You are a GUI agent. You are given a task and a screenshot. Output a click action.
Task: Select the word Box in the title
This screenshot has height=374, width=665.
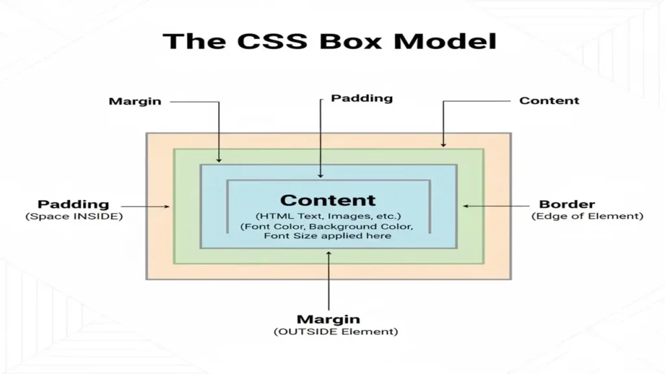point(358,41)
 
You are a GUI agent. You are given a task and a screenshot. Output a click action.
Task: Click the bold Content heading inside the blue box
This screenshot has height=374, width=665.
point(328,201)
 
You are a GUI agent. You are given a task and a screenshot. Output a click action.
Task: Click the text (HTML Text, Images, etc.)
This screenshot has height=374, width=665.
point(328,216)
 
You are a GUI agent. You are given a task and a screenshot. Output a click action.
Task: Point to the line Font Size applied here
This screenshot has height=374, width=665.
point(328,236)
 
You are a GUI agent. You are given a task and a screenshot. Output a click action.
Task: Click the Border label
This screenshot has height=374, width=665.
point(567,205)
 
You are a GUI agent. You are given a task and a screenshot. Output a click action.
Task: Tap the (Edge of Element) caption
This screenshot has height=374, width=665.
point(587,216)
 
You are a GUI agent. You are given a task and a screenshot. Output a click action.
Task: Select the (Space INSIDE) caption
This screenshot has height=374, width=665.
point(74,216)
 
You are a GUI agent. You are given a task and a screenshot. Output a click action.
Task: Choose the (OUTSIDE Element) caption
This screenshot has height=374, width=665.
point(328,332)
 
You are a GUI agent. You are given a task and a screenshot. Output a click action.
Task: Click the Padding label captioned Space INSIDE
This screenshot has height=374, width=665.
point(73,205)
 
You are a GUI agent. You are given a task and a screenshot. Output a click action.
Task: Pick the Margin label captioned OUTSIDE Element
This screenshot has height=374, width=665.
point(328,319)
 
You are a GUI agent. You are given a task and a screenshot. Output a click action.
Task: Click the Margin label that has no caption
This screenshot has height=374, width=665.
point(135,101)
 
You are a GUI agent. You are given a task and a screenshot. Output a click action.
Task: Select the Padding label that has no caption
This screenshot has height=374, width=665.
point(362,99)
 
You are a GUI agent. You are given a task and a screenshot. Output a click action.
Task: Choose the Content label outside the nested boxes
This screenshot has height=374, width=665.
point(549,101)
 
